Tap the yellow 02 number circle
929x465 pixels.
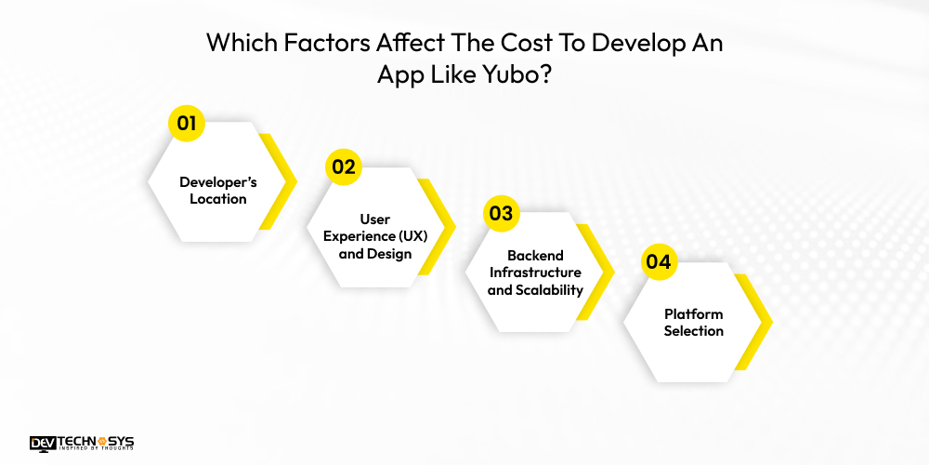pyautogui.click(x=343, y=167)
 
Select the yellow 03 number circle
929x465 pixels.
pyautogui.click(x=501, y=213)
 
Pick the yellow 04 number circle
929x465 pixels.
pyautogui.click(x=658, y=261)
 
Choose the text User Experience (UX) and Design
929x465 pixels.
pyautogui.click(x=375, y=236)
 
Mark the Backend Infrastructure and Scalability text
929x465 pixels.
pyautogui.click(x=535, y=272)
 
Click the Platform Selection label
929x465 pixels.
pyautogui.click(x=693, y=322)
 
